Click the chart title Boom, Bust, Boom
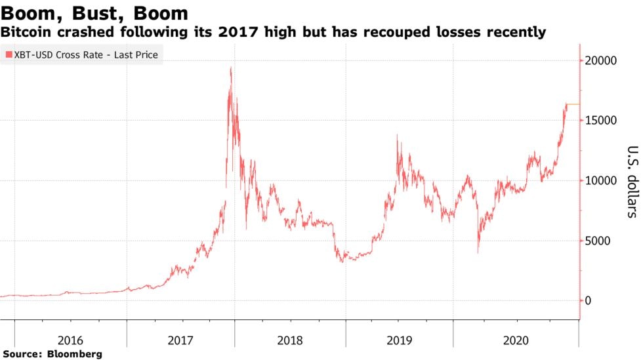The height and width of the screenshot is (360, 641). (x=95, y=13)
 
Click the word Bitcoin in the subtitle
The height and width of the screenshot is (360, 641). (x=26, y=31)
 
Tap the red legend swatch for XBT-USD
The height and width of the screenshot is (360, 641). (x=9, y=55)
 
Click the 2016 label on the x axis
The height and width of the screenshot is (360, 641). (x=70, y=340)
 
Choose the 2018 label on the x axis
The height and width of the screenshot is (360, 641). (x=290, y=340)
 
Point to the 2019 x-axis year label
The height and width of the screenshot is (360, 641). (x=399, y=340)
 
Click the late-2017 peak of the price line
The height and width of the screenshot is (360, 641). (x=230, y=68)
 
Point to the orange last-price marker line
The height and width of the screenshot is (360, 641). (x=572, y=104)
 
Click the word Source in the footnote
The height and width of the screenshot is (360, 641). (x=22, y=354)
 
